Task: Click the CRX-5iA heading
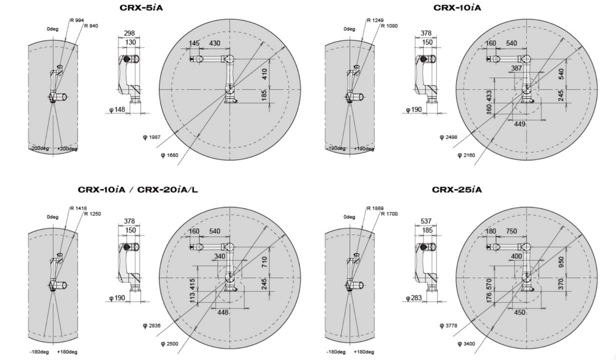141,8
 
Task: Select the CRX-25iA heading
457,189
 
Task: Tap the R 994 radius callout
77,20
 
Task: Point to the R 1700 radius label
389,213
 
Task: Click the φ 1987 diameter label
152,137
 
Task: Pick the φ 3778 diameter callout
449,325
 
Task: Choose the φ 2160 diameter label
466,155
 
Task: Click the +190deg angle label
364,149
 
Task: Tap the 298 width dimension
129,33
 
